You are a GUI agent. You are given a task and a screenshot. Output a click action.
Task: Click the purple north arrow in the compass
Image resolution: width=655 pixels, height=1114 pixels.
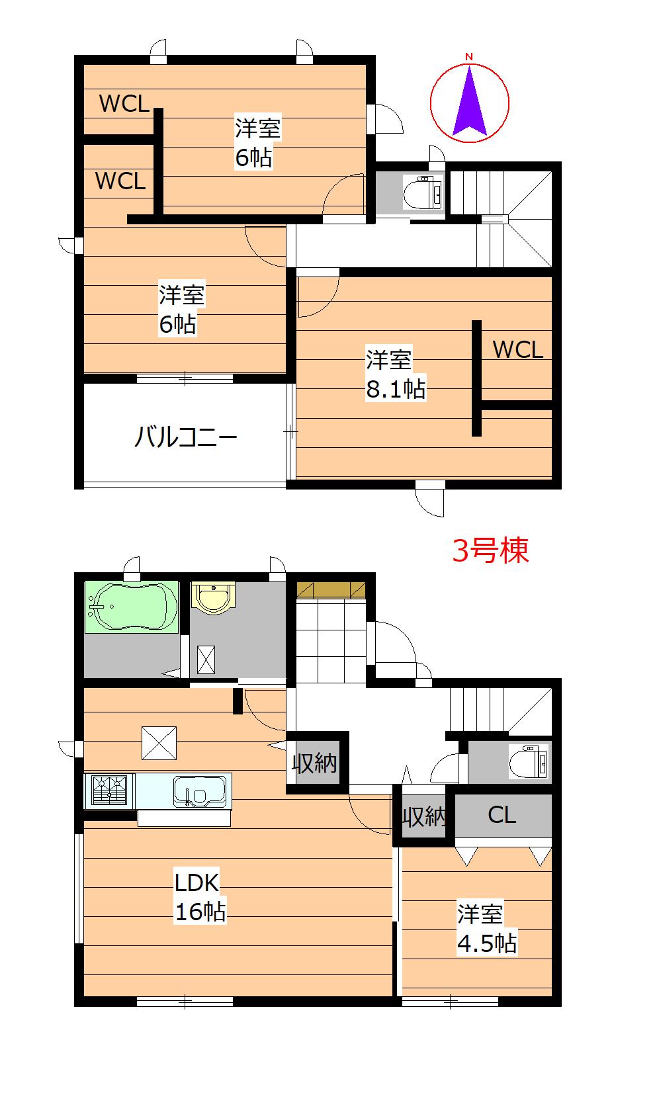(469, 107)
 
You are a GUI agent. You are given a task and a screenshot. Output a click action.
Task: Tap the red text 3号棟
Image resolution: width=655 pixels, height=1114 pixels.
(490, 550)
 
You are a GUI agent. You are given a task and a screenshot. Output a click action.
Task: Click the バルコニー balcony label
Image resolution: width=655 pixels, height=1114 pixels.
(185, 437)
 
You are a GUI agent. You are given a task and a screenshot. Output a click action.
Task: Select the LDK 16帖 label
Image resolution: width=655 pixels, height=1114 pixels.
(200, 898)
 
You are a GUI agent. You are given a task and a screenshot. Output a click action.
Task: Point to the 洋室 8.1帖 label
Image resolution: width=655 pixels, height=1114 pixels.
(396, 374)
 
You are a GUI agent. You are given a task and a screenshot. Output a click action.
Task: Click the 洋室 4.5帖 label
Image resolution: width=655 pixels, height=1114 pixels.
(487, 929)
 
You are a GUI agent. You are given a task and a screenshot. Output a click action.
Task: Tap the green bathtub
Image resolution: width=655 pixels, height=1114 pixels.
(131, 607)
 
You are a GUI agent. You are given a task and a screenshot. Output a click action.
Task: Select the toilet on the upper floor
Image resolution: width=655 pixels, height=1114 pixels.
(423, 192)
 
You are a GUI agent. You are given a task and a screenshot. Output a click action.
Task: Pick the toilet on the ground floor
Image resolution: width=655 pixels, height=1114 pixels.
(529, 761)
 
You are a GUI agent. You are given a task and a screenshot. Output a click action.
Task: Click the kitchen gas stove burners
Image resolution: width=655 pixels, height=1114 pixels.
(109, 791)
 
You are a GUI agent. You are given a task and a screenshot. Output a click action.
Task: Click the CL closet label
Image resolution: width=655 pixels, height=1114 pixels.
(502, 815)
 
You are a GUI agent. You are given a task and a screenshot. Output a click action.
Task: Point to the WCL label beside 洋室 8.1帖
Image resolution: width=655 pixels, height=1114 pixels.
(518, 350)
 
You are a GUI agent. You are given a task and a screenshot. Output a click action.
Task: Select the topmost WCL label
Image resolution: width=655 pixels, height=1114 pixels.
(124, 103)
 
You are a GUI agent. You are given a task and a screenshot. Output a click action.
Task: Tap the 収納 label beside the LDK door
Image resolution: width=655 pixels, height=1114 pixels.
(315, 762)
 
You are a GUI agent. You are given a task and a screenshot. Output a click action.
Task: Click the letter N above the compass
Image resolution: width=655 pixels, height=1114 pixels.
(469, 57)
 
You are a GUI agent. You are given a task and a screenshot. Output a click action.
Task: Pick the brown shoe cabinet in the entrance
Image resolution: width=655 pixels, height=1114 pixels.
(331, 589)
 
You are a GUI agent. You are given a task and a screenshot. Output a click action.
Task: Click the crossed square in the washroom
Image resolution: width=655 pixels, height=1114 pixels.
(206, 660)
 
